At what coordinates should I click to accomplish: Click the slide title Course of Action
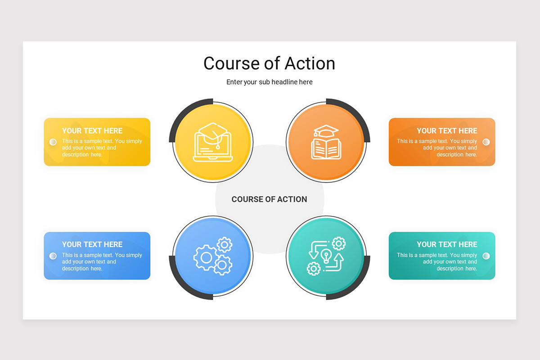269,63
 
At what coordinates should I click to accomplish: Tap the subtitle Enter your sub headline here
269,82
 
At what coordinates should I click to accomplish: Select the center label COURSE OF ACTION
269,199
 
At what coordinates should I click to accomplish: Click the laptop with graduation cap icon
213,142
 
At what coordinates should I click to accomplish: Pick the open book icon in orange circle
326,142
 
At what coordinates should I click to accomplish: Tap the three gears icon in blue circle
213,256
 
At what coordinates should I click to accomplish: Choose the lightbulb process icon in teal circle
326,256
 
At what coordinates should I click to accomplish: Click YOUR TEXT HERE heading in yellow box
92,131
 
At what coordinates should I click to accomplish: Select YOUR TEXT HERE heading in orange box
447,131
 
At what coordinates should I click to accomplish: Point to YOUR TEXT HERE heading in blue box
92,244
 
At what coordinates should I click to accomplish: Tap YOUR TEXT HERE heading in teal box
447,244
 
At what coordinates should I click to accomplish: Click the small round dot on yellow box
53,142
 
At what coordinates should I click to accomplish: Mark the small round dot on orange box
486,142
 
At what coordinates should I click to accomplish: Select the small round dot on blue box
53,256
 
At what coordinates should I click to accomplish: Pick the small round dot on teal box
486,256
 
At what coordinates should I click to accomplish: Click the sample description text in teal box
437,262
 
